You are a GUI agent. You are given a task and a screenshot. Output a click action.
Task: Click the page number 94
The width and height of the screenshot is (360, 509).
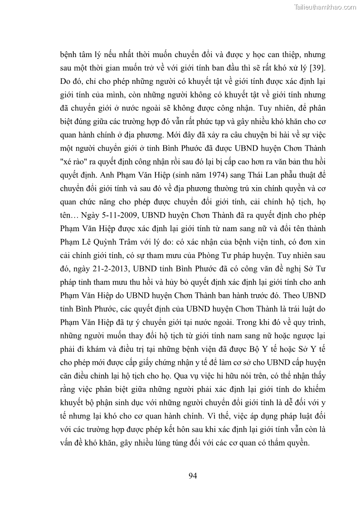click(192, 475)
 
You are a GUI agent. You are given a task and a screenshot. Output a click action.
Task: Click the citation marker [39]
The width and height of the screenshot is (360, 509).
click(316, 68)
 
